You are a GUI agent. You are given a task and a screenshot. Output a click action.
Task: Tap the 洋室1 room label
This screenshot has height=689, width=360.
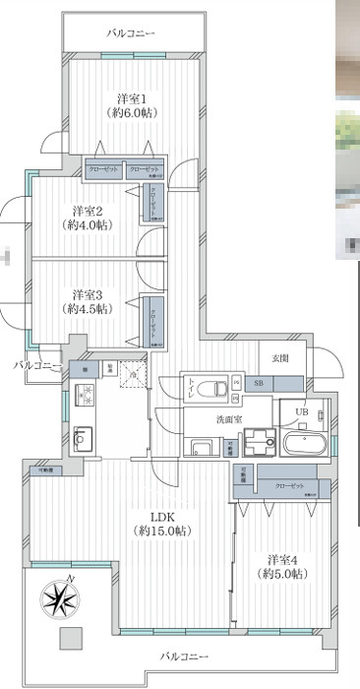pyautogui.click(x=132, y=105)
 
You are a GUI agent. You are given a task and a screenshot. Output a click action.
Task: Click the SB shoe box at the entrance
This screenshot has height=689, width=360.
pyautogui.click(x=259, y=383)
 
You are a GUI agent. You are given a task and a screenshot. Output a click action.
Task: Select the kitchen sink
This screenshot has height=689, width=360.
pyautogui.click(x=83, y=436)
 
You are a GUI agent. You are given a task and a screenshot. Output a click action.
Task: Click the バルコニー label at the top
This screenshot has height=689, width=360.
pyautogui.click(x=132, y=35)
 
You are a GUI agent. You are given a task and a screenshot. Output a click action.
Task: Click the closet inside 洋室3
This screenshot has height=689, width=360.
pyautogui.click(x=152, y=320)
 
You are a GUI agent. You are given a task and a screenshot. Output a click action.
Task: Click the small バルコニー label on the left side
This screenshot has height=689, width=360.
pyautogui.click(x=36, y=366)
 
